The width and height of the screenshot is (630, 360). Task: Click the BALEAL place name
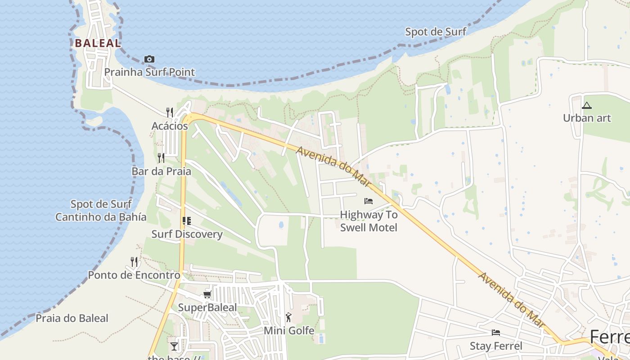pyautogui.click(x=98, y=43)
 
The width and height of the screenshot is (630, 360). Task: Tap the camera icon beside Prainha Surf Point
pyautogui.click(x=149, y=59)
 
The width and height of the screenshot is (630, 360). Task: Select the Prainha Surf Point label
pyautogui.click(x=149, y=72)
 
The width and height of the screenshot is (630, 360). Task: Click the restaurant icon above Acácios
pyautogui.click(x=170, y=112)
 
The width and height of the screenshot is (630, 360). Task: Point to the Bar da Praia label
pyautogui.click(x=161, y=171)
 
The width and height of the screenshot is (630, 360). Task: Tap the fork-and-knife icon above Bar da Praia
pyautogui.click(x=161, y=158)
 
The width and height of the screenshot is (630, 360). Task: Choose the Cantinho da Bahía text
pyautogui.click(x=101, y=217)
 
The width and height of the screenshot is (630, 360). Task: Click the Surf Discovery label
pyautogui.click(x=187, y=234)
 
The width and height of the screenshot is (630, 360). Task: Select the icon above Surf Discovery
pyautogui.click(x=187, y=220)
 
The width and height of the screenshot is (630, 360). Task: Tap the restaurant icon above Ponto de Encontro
pyautogui.click(x=134, y=261)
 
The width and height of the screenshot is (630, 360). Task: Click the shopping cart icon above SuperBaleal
pyautogui.click(x=207, y=294)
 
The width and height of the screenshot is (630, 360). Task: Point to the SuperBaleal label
pyautogui.click(x=207, y=308)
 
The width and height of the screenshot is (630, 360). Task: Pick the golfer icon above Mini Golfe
pyautogui.click(x=288, y=317)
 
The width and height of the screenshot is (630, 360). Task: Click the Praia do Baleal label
pyautogui.click(x=72, y=318)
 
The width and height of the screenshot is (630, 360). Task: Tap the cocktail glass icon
pyautogui.click(x=174, y=346)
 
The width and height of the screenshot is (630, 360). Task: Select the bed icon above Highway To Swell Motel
pyautogui.click(x=369, y=201)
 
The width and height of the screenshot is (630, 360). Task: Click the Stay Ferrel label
pyautogui.click(x=496, y=346)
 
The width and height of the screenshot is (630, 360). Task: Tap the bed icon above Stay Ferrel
pyautogui.click(x=496, y=333)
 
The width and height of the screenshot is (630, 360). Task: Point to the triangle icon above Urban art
pyautogui.click(x=586, y=106)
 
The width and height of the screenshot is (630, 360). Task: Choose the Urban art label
pyautogui.click(x=587, y=118)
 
